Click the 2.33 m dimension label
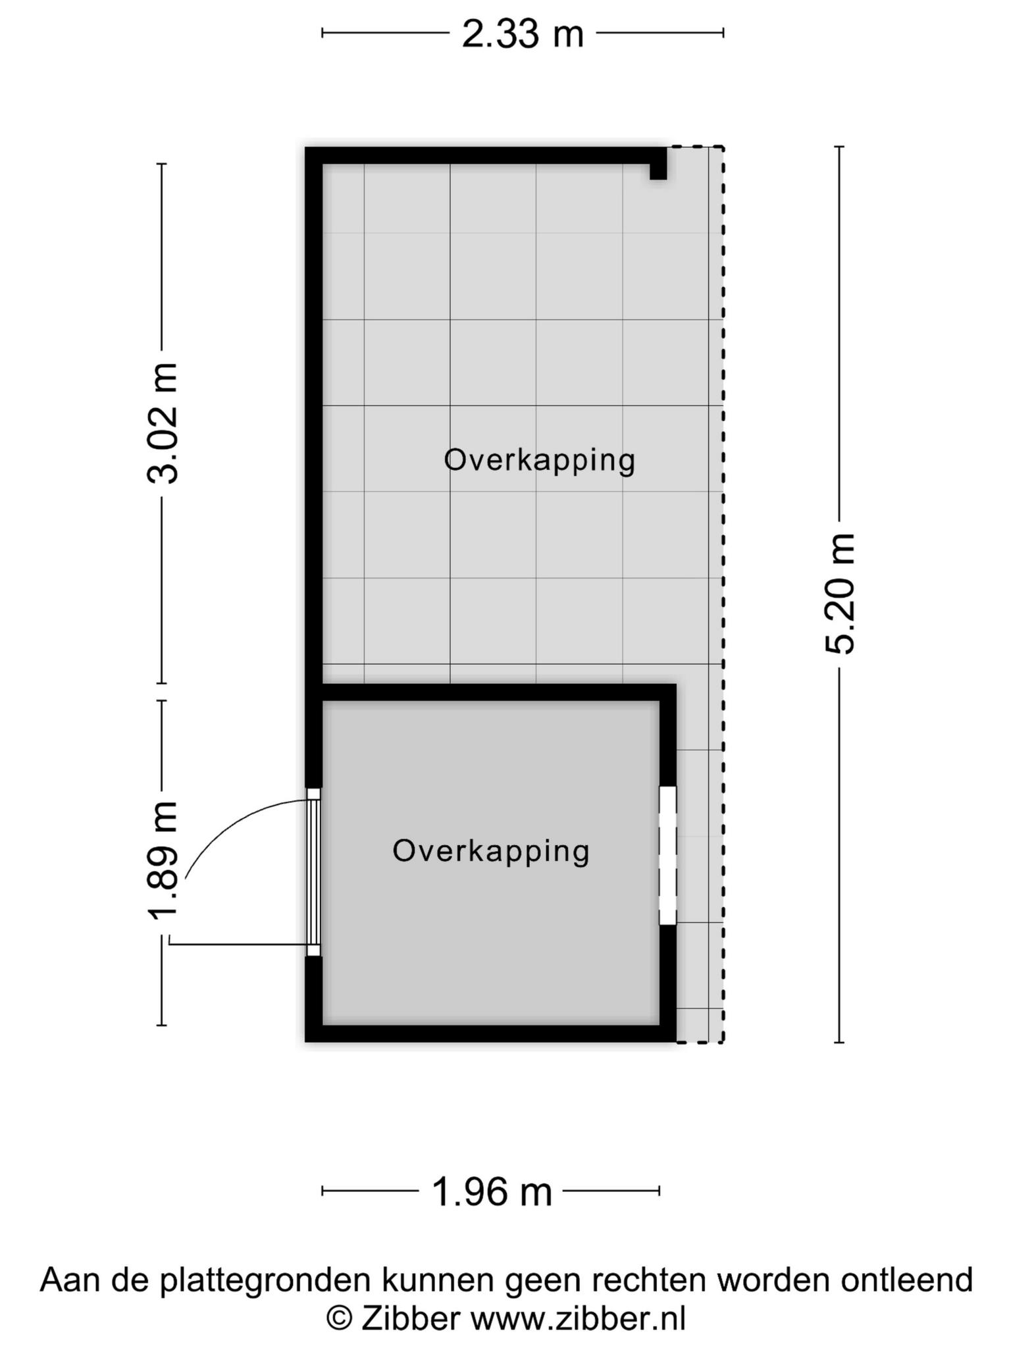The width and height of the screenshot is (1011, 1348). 523,34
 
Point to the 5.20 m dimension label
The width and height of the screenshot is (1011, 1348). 840,594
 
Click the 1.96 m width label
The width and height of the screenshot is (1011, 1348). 492,1192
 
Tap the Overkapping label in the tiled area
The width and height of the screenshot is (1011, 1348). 540,460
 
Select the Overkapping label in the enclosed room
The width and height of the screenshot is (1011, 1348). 491,850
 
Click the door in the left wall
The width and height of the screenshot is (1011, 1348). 314,872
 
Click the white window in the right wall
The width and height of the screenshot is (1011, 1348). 667,855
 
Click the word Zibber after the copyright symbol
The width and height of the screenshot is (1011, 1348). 411,1318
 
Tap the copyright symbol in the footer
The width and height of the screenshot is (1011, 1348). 339,1319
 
